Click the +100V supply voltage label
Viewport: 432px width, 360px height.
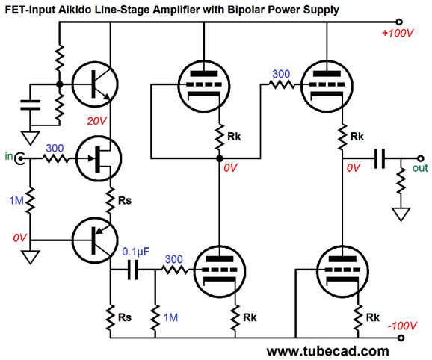click(x=398, y=34)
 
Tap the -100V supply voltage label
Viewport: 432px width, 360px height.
click(x=402, y=326)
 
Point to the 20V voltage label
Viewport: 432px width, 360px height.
click(x=96, y=121)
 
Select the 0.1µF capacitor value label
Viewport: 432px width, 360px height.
click(x=135, y=252)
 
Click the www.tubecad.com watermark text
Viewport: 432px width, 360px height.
click(x=327, y=352)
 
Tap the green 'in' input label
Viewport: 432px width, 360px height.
click(x=9, y=156)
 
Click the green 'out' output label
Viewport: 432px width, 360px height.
click(x=420, y=168)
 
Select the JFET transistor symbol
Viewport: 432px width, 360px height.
click(x=99, y=158)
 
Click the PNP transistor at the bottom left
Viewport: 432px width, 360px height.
click(x=95, y=240)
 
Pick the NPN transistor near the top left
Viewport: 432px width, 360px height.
click(x=95, y=84)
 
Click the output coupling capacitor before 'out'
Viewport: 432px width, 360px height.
click(x=380, y=158)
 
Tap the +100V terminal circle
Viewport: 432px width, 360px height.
click(x=398, y=22)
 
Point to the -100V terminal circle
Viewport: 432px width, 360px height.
click(x=401, y=338)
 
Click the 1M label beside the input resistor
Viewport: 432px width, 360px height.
click(x=16, y=201)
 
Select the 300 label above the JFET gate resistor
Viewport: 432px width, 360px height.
click(x=55, y=149)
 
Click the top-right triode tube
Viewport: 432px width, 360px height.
click(x=327, y=87)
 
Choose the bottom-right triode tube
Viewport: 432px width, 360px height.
click(x=342, y=271)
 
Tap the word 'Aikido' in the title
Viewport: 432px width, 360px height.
click(x=75, y=10)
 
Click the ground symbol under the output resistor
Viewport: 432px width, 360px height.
click(x=401, y=214)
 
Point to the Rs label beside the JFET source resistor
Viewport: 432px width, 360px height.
click(x=125, y=201)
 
